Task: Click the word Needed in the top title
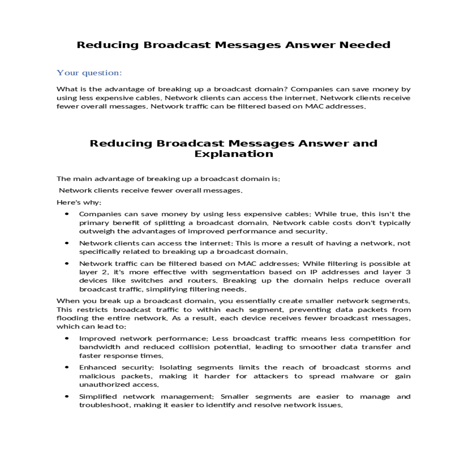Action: pyautogui.click(x=365, y=45)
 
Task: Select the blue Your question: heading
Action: pyautogui.click(x=89, y=73)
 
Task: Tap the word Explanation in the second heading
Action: pyautogui.click(x=234, y=154)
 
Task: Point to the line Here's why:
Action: pyautogui.click(x=79, y=202)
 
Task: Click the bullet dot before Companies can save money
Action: pyautogui.click(x=67, y=214)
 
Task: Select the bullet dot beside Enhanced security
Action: pyautogui.click(x=67, y=367)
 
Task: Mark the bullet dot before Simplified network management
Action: pyautogui.click(x=67, y=397)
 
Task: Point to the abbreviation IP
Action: pyautogui.click(x=314, y=272)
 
